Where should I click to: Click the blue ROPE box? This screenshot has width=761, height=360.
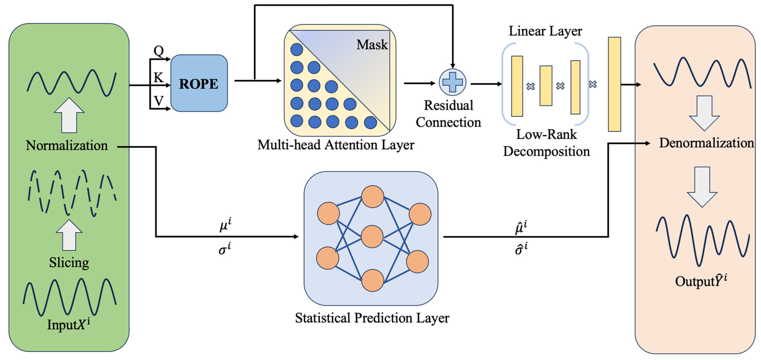click(x=199, y=83)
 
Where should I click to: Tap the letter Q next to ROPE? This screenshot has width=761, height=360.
click(x=159, y=51)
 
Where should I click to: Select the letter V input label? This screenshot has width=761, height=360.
click(x=159, y=101)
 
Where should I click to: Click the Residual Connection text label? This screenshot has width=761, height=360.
click(x=448, y=114)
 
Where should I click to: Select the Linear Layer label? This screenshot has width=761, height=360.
click(x=545, y=31)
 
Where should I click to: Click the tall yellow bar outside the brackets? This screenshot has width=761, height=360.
click(x=614, y=84)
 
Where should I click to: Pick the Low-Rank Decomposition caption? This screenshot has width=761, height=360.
click(x=546, y=143)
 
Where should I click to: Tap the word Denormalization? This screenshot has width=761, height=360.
click(x=706, y=143)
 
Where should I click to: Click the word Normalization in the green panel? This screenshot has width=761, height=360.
click(x=67, y=146)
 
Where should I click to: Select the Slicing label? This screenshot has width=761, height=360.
click(x=69, y=262)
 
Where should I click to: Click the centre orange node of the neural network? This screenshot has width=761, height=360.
click(x=372, y=237)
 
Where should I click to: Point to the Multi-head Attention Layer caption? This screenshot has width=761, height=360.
click(x=336, y=145)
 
